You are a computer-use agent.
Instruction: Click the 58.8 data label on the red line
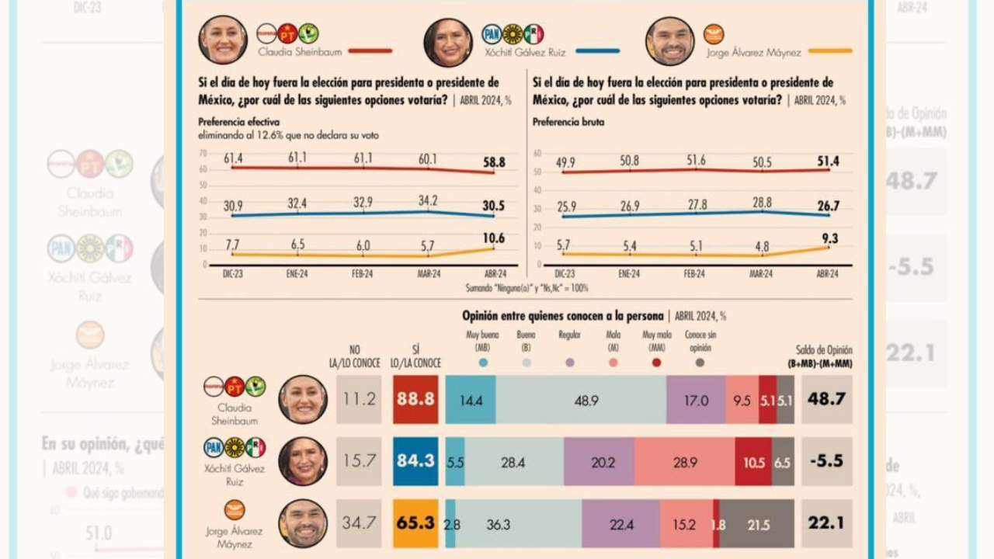(x=494, y=162)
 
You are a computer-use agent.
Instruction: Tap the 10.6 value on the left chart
(x=494, y=238)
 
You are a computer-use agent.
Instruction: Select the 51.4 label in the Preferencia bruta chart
(x=829, y=161)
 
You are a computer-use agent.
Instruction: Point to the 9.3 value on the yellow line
(x=830, y=239)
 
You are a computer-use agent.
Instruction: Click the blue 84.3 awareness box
(x=415, y=461)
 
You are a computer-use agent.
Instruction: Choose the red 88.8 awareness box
(x=415, y=400)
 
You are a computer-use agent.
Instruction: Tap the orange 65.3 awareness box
(x=415, y=523)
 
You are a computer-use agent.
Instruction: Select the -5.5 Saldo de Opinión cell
(x=826, y=461)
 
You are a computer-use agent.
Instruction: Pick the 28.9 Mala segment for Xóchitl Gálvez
(x=684, y=462)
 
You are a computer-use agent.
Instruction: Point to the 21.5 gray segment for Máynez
(x=758, y=525)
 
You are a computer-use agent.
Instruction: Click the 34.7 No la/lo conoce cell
(x=359, y=523)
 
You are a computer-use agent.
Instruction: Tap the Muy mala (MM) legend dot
(x=657, y=362)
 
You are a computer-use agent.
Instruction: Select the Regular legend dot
(x=570, y=362)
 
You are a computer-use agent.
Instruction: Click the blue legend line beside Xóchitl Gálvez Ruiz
(x=597, y=51)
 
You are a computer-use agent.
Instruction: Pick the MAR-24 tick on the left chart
(x=428, y=274)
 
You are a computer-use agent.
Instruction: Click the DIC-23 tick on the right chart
(x=565, y=274)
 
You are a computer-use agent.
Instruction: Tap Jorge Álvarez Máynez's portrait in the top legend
(x=669, y=41)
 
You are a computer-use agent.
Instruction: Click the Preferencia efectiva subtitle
(x=238, y=122)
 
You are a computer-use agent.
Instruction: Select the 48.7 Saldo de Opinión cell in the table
(x=826, y=399)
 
